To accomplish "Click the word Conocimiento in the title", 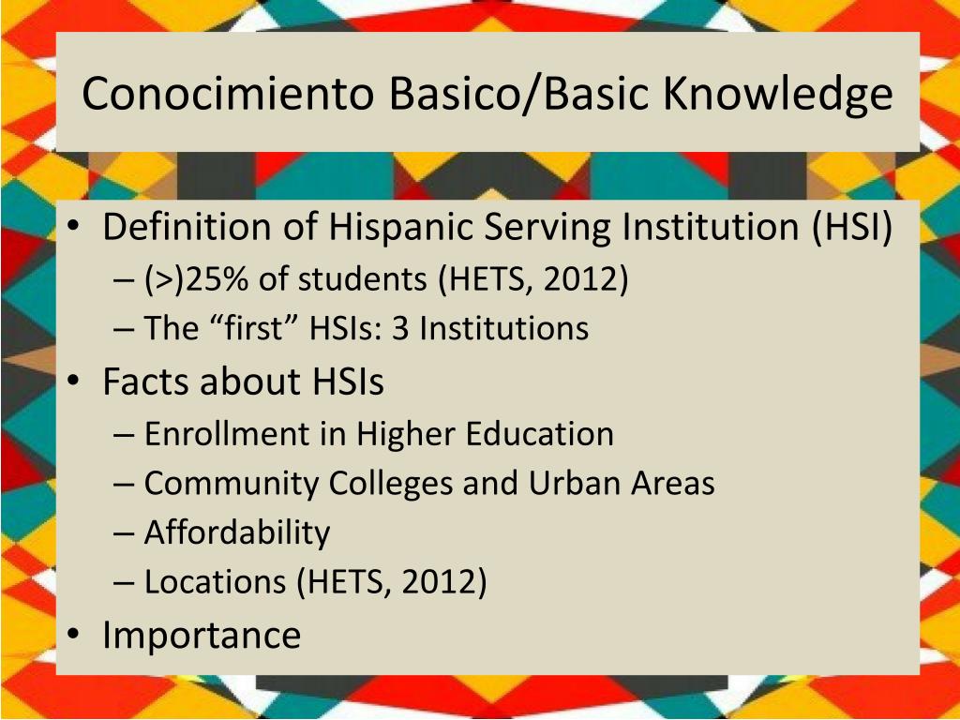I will click(x=229, y=94).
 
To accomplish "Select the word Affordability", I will click(x=237, y=532).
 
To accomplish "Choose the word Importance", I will click(x=202, y=635).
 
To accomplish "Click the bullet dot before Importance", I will click(x=75, y=636).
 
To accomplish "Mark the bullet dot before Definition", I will click(x=75, y=228).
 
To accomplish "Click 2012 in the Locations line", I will click(x=440, y=582).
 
